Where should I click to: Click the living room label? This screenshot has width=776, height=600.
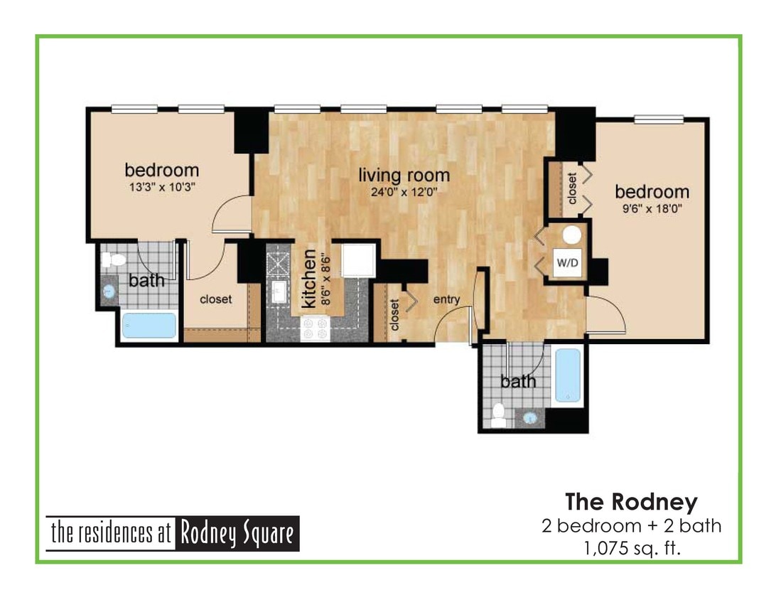(x=403, y=175)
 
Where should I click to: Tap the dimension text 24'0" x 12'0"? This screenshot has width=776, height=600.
(x=403, y=191)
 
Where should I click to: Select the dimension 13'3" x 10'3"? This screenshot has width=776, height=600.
(x=161, y=187)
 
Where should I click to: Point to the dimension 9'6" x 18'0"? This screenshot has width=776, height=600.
(x=652, y=209)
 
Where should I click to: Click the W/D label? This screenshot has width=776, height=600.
(x=567, y=262)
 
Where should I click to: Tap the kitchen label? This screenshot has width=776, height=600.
(x=308, y=278)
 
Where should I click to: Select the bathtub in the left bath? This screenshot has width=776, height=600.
(x=149, y=326)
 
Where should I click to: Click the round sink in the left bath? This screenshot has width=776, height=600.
(x=109, y=291)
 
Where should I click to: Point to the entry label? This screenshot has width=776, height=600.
(x=446, y=299)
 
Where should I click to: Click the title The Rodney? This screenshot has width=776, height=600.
(x=631, y=502)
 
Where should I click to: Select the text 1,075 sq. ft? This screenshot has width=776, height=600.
(x=631, y=548)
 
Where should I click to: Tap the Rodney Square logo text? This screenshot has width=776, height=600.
(x=173, y=533)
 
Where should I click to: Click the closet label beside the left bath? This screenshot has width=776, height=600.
(x=215, y=299)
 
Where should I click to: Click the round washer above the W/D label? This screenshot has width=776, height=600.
(x=571, y=236)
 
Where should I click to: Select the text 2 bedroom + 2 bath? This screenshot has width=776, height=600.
(x=631, y=526)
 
